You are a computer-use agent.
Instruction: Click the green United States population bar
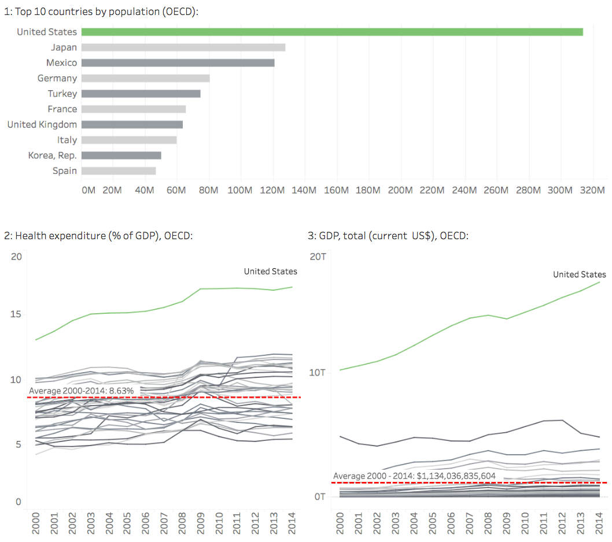[332, 32]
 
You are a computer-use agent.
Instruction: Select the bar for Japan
[183, 47]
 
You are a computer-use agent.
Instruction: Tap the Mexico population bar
[178, 62]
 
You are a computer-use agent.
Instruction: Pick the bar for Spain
[119, 170]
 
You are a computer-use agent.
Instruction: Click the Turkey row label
[62, 94]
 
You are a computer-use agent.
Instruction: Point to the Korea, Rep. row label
[52, 155]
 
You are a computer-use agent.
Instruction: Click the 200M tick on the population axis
[400, 190]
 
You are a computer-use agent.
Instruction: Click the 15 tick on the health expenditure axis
[16, 314]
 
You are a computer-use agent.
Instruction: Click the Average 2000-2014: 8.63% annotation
[82, 391]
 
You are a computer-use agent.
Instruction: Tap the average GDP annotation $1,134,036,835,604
[414, 476]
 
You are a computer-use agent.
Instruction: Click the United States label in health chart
[270, 271]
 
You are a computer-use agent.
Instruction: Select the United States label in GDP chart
[579, 274]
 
